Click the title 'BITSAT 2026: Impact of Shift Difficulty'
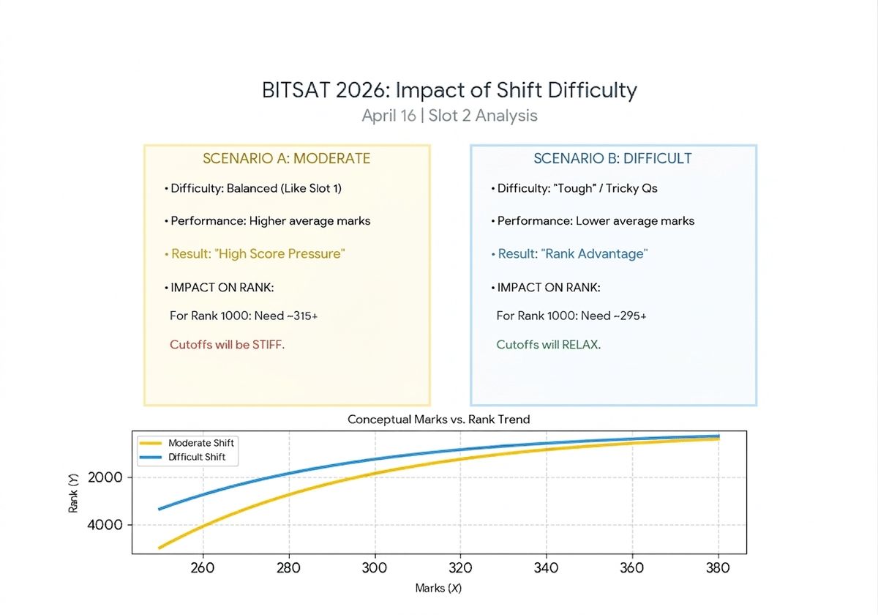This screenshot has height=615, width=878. (x=449, y=90)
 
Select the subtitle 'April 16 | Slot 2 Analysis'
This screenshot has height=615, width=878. (x=449, y=116)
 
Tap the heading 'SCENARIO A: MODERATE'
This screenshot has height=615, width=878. (x=286, y=159)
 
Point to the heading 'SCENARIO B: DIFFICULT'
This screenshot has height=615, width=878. (x=612, y=159)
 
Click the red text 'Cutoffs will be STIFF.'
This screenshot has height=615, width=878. (x=227, y=344)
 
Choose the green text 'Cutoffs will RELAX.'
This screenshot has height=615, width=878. (x=548, y=344)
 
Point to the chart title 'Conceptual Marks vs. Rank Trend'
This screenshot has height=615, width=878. (x=438, y=420)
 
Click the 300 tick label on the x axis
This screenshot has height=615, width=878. (x=375, y=568)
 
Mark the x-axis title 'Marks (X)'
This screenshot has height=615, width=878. (x=438, y=588)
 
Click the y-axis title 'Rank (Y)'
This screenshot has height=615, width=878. (x=73, y=492)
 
